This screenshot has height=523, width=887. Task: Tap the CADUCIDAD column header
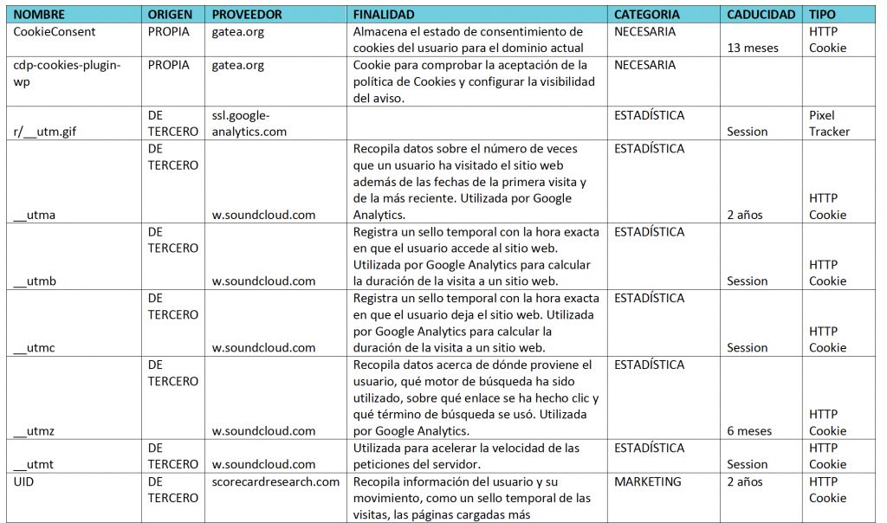pyautogui.click(x=761, y=15)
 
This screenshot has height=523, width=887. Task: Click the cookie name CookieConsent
pyautogui.click(x=55, y=32)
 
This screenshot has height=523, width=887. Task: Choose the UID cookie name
pyautogui.click(x=25, y=481)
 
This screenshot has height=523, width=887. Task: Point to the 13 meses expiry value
pyautogui.click(x=753, y=48)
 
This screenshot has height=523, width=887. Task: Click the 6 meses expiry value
pyautogui.click(x=749, y=430)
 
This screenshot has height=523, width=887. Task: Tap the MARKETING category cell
pyautogui.click(x=647, y=481)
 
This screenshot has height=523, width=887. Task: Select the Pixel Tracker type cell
pyautogui.click(x=829, y=123)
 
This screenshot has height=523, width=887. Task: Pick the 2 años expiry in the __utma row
pyautogui.click(x=745, y=215)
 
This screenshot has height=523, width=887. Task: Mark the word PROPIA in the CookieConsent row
pyautogui.click(x=169, y=32)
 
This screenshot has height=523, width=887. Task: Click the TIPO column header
pyautogui.click(x=822, y=15)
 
